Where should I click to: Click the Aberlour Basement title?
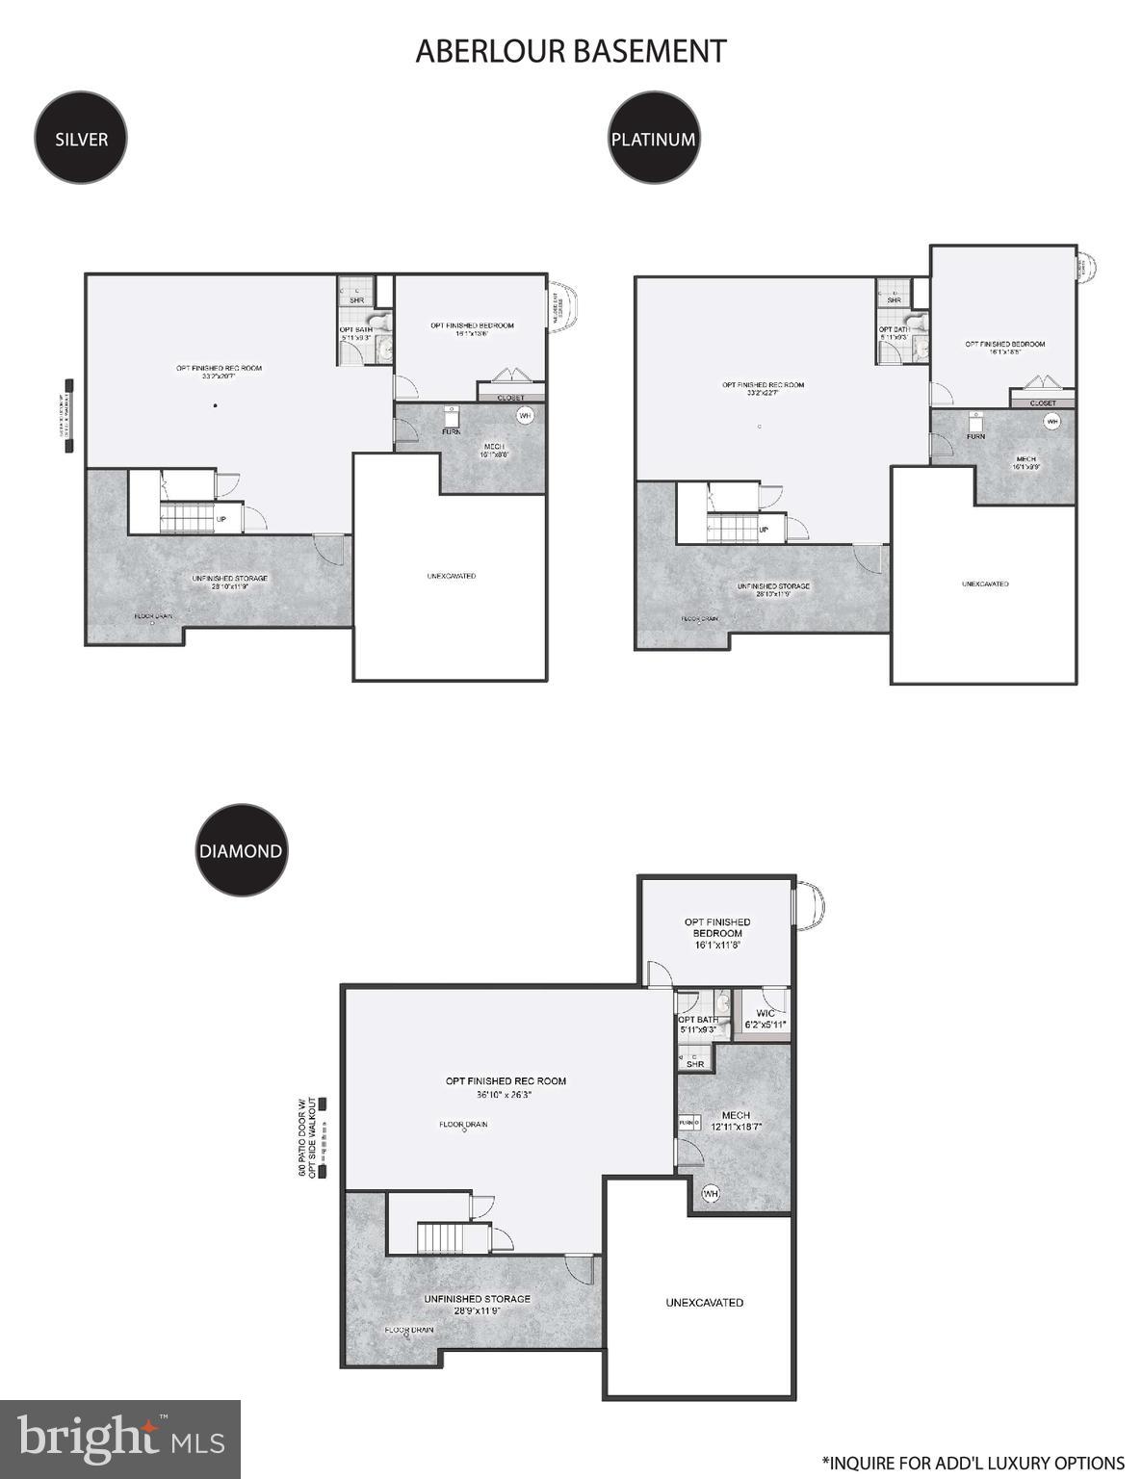tap(570, 51)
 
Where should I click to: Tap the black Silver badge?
tap(81, 138)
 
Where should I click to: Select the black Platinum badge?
tap(653, 138)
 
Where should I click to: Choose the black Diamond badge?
tap(241, 850)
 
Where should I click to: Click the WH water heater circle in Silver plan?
tap(525, 416)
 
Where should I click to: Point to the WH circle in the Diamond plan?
tap(711, 1194)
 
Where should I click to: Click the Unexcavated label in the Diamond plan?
tap(704, 1303)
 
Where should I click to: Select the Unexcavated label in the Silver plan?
tap(451, 576)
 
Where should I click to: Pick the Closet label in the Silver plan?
tap(511, 397)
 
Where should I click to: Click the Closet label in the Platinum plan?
tap(1042, 403)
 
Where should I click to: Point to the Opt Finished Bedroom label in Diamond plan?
tap(717, 927)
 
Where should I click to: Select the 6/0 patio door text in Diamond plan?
tap(307, 1136)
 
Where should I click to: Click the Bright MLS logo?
tap(120, 1439)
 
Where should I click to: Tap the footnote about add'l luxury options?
tap(973, 1463)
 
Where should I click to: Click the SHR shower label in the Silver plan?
tap(356, 300)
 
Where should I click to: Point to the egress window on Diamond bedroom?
tap(807, 907)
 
